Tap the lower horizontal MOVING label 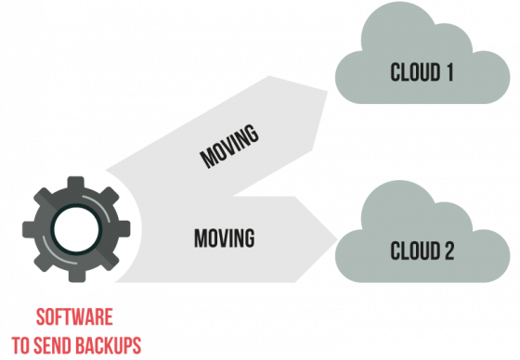[x=224, y=238]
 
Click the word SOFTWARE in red [x=76, y=315]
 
